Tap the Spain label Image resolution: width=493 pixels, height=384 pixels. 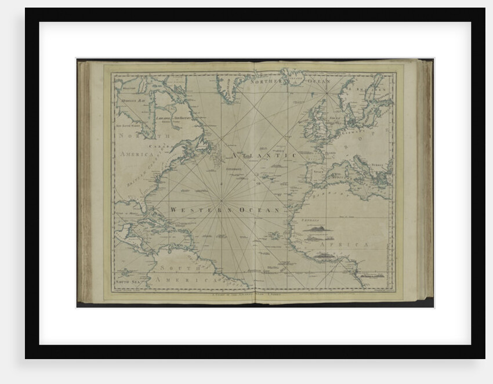pyautogui.click(x=318, y=171)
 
